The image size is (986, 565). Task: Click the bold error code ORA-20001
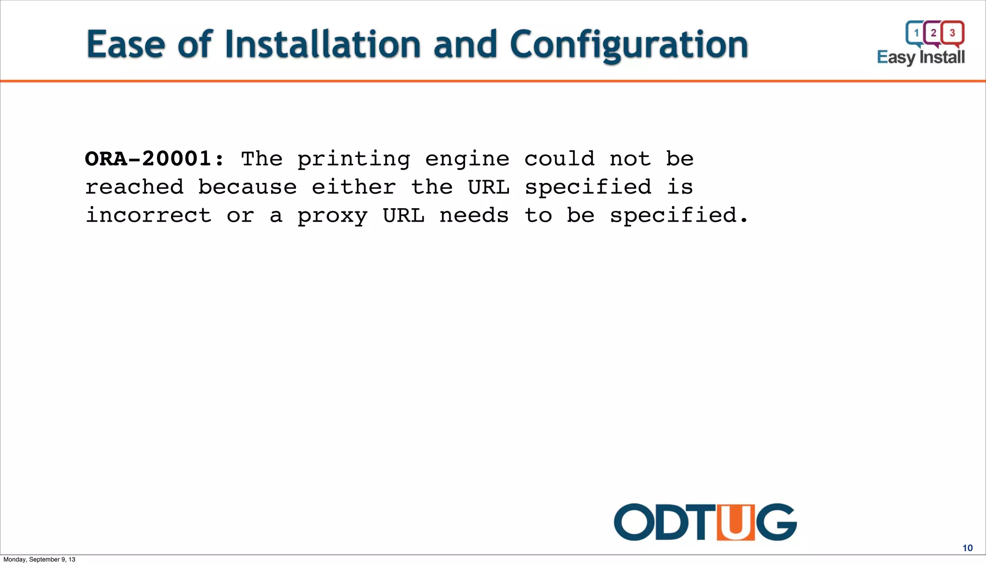(x=154, y=159)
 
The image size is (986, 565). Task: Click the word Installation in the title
(x=323, y=44)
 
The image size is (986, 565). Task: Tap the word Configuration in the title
(x=629, y=45)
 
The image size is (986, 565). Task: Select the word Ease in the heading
(x=126, y=44)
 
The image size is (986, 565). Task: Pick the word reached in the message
(x=134, y=187)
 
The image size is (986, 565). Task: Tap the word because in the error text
(x=247, y=187)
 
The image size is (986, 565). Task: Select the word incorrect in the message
(x=148, y=216)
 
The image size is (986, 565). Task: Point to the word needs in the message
(x=474, y=216)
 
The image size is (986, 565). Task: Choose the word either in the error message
(x=354, y=187)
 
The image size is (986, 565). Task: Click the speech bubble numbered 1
(x=916, y=33)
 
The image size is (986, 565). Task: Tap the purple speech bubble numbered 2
(x=934, y=33)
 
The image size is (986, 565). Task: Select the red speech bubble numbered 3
(x=952, y=33)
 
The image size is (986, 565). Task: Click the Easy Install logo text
(x=921, y=57)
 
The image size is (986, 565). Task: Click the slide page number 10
(x=967, y=548)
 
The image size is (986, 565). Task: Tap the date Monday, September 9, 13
(x=39, y=560)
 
